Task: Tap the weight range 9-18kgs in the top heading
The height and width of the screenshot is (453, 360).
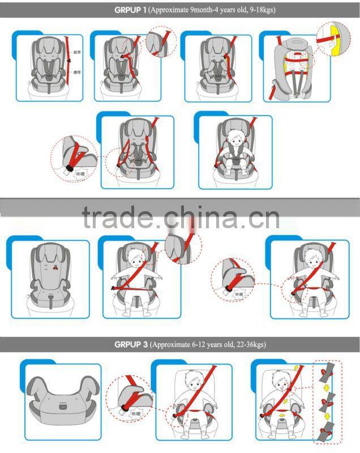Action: click(259, 10)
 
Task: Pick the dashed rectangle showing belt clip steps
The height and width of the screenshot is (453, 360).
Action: click(328, 402)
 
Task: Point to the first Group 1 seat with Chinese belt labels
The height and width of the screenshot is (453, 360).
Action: click(50, 65)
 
